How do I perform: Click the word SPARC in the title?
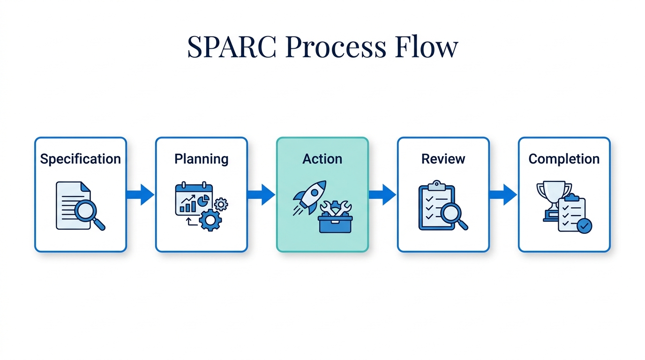click(x=232, y=47)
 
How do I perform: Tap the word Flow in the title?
click(x=426, y=47)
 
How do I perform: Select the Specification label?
click(x=80, y=159)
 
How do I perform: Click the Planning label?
click(x=201, y=159)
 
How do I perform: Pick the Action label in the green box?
click(x=322, y=159)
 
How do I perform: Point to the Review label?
click(x=443, y=159)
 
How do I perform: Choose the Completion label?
click(x=564, y=159)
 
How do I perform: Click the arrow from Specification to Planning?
click(x=140, y=195)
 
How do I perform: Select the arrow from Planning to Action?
click(x=261, y=195)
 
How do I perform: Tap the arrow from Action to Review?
click(x=382, y=195)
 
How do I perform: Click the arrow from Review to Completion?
click(x=503, y=195)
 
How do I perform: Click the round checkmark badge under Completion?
click(x=584, y=226)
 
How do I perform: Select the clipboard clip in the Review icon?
click(x=436, y=185)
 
